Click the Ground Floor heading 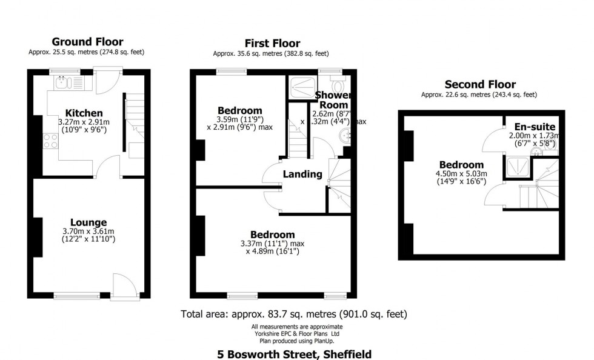click(87, 42)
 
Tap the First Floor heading click(272, 43)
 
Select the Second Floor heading click(480, 85)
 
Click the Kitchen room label click(84, 113)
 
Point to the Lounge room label click(88, 222)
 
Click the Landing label click(303, 175)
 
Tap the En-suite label click(535, 127)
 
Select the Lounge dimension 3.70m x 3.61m click(88, 232)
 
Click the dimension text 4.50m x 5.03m click(462, 174)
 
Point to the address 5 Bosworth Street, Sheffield click(295, 354)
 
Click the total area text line click(294, 314)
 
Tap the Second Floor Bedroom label click(462, 165)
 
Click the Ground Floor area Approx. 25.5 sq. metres click(87, 52)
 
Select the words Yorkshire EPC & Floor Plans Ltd click(295, 334)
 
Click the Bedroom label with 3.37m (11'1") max click(273, 235)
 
